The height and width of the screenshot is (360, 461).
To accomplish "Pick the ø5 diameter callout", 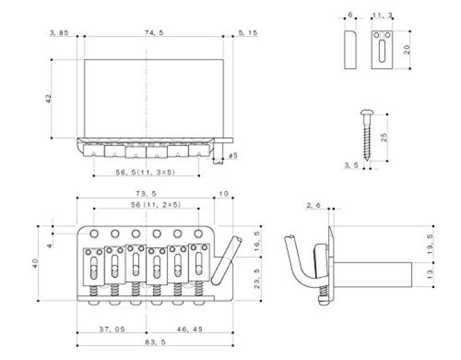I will (x=231, y=156).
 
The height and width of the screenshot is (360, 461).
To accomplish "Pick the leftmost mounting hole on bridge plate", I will (x=95, y=232).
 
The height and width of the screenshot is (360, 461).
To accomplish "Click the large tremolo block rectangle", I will (x=152, y=98).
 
